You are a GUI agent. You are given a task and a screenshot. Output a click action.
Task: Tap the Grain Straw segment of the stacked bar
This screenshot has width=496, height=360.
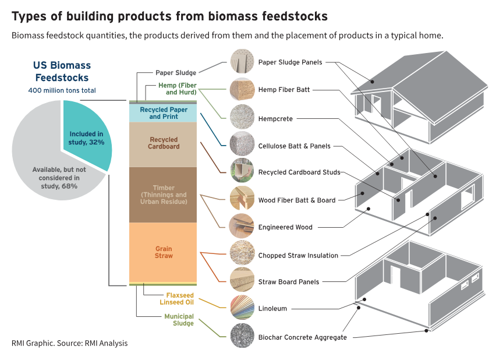click(x=163, y=252)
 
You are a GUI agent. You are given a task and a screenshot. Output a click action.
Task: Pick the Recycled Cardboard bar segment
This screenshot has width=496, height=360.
click(x=163, y=144)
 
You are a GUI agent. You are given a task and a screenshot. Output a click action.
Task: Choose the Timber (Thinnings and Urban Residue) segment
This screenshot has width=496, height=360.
click(x=163, y=195)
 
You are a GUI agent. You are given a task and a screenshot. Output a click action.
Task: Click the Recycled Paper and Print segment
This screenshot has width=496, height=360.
click(x=163, y=113)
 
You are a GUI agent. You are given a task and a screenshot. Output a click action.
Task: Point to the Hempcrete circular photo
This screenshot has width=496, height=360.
click(x=242, y=117)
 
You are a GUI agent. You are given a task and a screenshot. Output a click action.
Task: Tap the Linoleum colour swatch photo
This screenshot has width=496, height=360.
click(x=242, y=308)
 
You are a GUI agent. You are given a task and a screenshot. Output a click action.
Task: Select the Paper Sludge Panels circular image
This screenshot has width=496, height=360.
click(x=242, y=61)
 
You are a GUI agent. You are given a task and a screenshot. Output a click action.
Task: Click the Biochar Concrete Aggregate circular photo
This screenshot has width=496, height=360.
click(x=242, y=336)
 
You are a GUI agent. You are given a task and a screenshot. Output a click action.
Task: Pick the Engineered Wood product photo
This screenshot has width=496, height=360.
click(x=242, y=226)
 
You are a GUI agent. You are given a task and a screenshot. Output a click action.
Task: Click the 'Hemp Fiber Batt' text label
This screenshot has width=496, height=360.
click(x=284, y=90)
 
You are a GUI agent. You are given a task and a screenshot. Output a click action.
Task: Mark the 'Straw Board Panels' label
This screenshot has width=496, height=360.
click(x=289, y=282)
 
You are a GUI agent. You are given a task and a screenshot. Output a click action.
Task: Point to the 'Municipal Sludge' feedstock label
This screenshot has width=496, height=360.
click(x=179, y=320)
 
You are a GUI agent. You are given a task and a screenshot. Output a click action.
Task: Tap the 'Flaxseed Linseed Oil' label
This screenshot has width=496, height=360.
click(x=176, y=299)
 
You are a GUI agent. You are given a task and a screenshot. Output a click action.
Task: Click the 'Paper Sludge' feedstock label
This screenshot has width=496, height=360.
click(x=176, y=73)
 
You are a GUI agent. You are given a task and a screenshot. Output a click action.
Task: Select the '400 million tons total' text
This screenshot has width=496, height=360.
click(x=62, y=90)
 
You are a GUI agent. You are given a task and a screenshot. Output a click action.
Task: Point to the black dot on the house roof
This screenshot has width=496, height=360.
click(x=373, y=82)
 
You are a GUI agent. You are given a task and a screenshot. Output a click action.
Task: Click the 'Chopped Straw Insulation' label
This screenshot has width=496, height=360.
click(x=298, y=256)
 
